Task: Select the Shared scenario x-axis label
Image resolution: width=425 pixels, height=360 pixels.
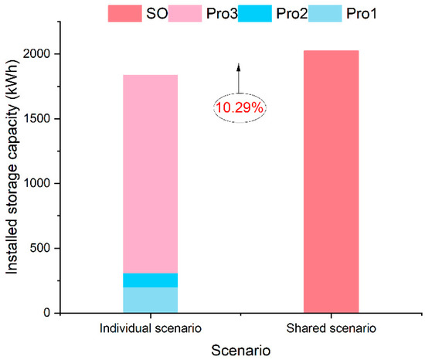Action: point(331,328)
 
